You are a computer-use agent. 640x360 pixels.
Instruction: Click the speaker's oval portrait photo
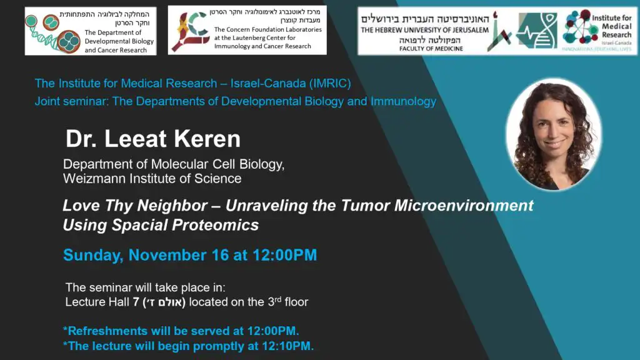pyautogui.click(x=553, y=134)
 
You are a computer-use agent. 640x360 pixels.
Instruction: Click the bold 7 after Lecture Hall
pyautogui.click(x=136, y=302)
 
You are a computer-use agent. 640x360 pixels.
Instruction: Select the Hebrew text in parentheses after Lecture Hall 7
pyautogui.click(x=164, y=302)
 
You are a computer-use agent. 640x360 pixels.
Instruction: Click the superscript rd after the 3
pyautogui.click(x=278, y=299)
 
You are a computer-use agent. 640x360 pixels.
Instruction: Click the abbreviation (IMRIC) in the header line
pyautogui.click(x=330, y=83)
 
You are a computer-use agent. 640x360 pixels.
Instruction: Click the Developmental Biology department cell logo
pyautogui.click(x=53, y=32)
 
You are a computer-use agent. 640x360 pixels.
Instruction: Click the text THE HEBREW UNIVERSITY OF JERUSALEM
pyautogui.click(x=424, y=30)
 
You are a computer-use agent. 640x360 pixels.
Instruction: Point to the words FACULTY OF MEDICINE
pyautogui.click(x=431, y=49)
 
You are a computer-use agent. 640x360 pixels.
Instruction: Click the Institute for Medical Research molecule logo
pyautogui.click(x=579, y=27)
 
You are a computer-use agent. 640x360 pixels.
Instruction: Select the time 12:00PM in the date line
pyautogui.click(x=284, y=255)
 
